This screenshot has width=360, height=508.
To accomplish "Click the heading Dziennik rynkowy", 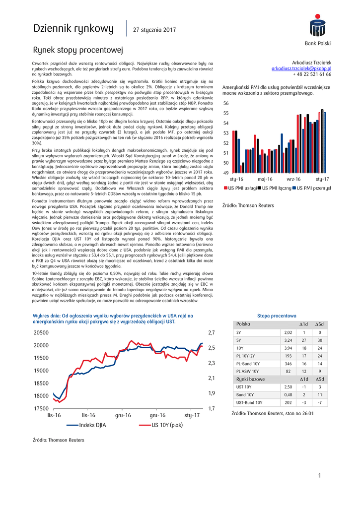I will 73,29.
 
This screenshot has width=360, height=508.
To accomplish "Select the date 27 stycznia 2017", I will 154,30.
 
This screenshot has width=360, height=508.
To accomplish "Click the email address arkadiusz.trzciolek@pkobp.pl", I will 301,68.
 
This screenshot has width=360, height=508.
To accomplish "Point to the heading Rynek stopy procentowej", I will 77,51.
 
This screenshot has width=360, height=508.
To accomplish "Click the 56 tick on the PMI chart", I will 226,103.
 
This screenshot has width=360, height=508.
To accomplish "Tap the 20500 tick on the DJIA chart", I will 41,333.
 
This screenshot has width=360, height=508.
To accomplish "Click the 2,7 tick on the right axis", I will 211,333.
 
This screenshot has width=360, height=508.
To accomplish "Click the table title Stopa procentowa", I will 277,316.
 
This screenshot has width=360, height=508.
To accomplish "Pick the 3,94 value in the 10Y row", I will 288,348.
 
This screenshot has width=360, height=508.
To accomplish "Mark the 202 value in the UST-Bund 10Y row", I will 288,403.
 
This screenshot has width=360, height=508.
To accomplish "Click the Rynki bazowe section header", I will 251,379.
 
